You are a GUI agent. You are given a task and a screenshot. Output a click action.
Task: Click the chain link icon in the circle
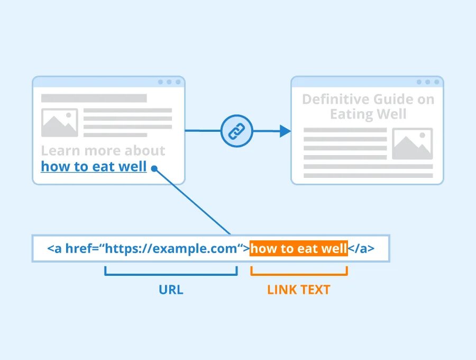236,131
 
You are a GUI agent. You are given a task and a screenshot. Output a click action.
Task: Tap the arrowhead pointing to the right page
285,131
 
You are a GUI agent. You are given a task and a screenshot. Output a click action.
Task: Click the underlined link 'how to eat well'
94,166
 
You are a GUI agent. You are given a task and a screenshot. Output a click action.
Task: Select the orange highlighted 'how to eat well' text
298,248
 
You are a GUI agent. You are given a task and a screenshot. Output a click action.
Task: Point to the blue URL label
171,290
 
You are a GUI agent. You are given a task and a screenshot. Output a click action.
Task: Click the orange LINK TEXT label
298,290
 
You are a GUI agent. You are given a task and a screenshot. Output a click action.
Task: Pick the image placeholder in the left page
59,123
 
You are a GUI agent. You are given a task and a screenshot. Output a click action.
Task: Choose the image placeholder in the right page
412,143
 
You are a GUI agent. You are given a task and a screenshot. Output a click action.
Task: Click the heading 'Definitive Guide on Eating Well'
368,106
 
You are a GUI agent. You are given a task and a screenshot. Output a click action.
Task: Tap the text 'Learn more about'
103,150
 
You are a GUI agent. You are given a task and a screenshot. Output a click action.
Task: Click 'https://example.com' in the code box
171,248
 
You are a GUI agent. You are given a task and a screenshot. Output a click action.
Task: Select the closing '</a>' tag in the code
361,248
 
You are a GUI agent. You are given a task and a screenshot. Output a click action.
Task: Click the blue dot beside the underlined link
154,168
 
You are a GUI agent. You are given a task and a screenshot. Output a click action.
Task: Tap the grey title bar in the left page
94,98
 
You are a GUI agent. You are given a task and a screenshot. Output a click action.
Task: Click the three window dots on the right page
428,82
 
